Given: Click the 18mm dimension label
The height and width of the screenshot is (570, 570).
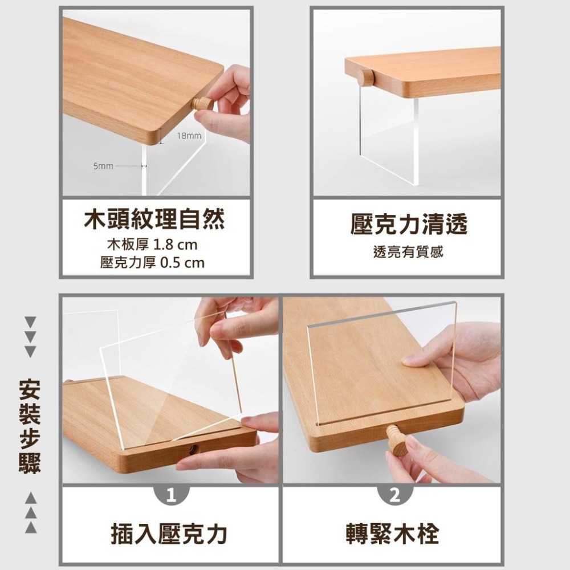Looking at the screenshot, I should click(x=189, y=136).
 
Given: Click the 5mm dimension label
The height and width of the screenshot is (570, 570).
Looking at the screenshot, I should click(x=103, y=166).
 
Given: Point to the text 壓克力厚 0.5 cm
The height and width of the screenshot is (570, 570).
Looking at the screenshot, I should click(x=152, y=263).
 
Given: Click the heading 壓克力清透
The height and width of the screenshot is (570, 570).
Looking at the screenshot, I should click(x=408, y=225).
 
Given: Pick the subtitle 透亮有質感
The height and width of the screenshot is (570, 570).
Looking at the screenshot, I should click(x=408, y=252).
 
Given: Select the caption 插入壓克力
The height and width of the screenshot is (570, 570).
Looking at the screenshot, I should click(x=169, y=534).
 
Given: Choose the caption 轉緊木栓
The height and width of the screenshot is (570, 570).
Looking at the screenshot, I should click(x=393, y=534).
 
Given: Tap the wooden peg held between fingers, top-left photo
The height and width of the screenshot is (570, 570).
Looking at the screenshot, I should click(x=202, y=104).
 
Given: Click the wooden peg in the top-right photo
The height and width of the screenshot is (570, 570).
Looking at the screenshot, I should click(x=365, y=77).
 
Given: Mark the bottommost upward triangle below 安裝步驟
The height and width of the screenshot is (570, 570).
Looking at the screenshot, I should click(x=30, y=528).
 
